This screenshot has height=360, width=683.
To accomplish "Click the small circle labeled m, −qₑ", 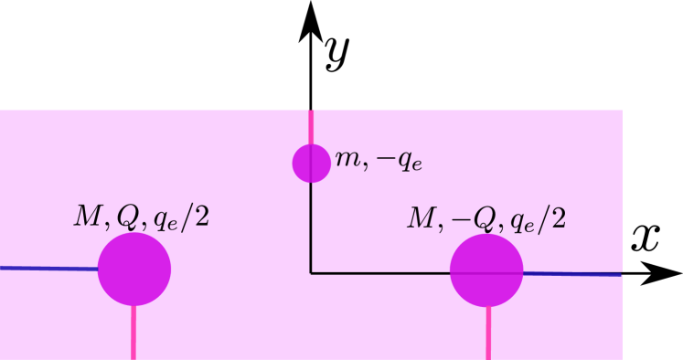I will pyautogui.click(x=311, y=163).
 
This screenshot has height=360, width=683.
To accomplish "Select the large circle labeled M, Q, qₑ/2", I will pyautogui.click(x=134, y=269).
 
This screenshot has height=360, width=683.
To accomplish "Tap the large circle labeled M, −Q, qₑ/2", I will pyautogui.click(x=486, y=270).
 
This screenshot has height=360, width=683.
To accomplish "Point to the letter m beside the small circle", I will pyautogui.click(x=347, y=158).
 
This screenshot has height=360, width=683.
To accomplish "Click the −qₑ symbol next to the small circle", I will pyautogui.click(x=400, y=161).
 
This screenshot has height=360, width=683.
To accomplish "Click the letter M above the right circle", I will pyautogui.click(x=422, y=218).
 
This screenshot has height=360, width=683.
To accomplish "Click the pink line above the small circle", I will pyautogui.click(x=311, y=126).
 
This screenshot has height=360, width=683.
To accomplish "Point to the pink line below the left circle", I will pyautogui.click(x=133, y=334).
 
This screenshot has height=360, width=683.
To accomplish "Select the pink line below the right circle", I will pyautogui.click(x=488, y=334).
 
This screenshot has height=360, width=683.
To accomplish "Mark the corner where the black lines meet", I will pyautogui.click(x=311, y=272).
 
